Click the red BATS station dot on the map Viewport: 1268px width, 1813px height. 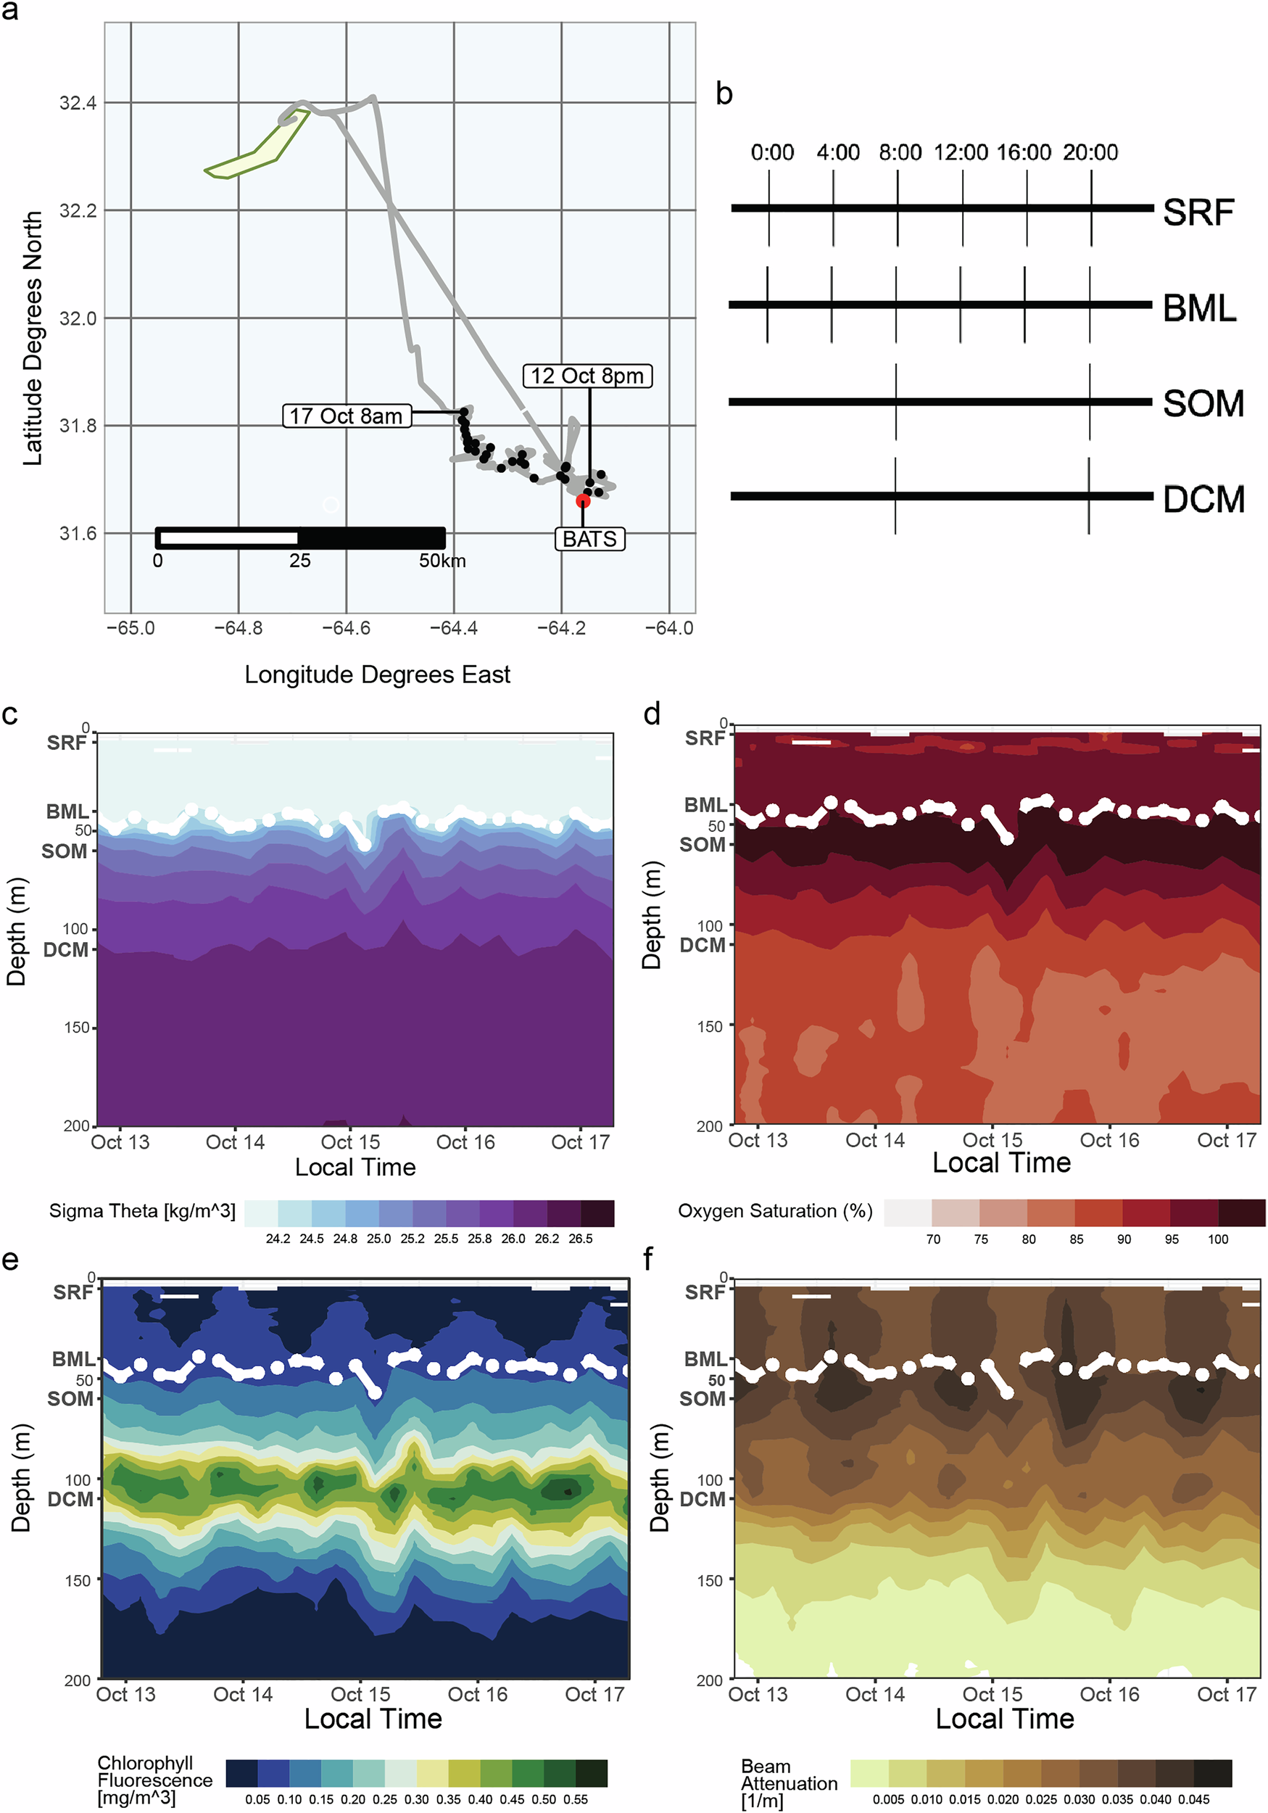pos(583,500)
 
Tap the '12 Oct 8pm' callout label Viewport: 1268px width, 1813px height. pos(587,376)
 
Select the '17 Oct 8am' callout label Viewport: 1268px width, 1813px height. pos(347,416)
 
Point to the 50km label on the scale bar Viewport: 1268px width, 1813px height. pos(442,561)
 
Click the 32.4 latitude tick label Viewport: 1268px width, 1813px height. pos(78,103)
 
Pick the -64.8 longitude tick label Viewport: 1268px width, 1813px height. pos(239,629)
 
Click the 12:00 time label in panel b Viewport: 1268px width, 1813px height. pos(961,152)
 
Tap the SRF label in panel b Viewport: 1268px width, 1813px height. pos(1198,212)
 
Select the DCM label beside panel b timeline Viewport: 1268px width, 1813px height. pos(1203,499)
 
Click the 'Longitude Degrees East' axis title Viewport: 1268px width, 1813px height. pos(378,674)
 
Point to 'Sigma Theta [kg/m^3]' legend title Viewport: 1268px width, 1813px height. pos(142,1210)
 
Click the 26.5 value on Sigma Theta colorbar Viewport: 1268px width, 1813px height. pos(580,1238)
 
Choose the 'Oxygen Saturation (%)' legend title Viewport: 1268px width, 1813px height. pos(774,1210)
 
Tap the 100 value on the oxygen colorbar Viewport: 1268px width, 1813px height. pos(1218,1239)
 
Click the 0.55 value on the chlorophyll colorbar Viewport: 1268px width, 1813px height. pos(576,1798)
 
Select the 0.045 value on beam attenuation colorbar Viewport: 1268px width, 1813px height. pos(1194,1798)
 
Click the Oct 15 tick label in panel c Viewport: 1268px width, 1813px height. pos(351,1141)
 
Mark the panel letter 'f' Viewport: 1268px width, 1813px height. pos(648,1259)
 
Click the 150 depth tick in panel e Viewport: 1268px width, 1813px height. pos(78,1580)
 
